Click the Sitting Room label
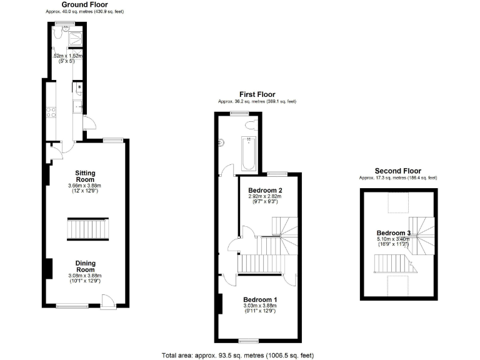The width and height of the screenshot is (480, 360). tap(84, 176)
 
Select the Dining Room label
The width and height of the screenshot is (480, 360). tap(85, 266)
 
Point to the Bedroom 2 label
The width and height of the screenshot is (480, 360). tap(265, 190)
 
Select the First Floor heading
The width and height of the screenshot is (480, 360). tap(257, 94)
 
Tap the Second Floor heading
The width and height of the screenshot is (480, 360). tap(397, 171)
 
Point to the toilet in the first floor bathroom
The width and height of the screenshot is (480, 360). tap(250, 126)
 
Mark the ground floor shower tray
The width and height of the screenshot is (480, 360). tap(75, 37)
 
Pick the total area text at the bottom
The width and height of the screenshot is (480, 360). tap(237, 354)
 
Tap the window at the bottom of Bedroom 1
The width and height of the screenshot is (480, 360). tap(248, 341)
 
